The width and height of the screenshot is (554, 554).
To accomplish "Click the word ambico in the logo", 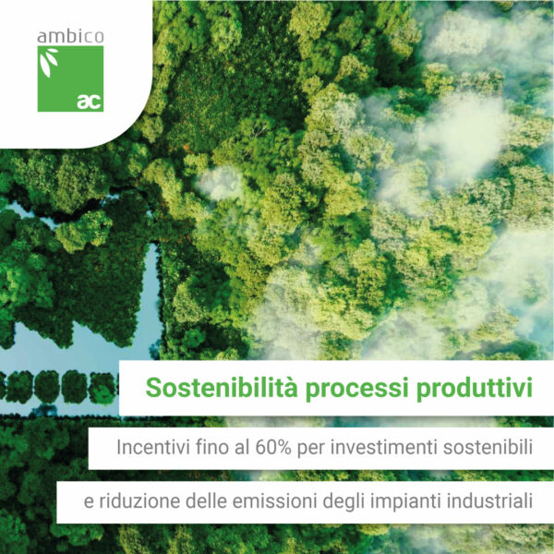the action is point(70,37).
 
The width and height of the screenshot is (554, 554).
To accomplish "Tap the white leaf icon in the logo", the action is point(48,62).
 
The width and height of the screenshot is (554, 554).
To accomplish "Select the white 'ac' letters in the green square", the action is point(90,102).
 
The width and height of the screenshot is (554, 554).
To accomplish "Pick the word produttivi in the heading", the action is point(474,389).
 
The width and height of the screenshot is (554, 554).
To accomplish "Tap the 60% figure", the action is point(273,448).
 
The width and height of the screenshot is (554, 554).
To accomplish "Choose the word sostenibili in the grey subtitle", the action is point(488,448).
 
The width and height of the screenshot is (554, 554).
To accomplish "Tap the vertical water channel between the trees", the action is point(153,295).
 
